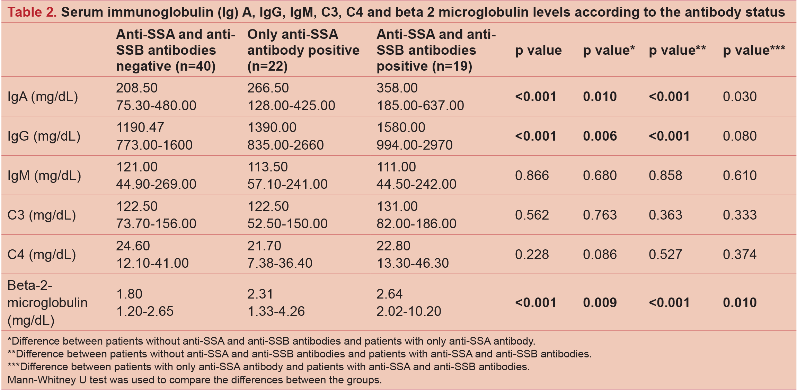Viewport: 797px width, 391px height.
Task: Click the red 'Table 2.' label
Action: (x=32, y=12)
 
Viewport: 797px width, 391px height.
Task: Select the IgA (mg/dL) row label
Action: (x=43, y=97)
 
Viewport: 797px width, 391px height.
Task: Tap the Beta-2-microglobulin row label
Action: (x=47, y=303)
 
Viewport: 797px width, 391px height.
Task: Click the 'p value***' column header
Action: (x=754, y=50)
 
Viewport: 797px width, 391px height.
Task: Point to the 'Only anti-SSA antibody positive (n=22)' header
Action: (x=303, y=50)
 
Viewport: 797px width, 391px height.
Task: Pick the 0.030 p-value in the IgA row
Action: (x=740, y=97)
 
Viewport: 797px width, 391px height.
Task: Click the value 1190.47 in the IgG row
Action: (x=140, y=127)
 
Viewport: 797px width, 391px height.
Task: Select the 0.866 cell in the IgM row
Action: (x=532, y=176)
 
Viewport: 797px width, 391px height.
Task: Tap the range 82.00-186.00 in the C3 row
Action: (x=416, y=224)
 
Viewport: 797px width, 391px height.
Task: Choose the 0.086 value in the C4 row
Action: (x=600, y=255)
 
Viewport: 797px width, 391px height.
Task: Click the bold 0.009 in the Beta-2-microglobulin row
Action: (x=600, y=303)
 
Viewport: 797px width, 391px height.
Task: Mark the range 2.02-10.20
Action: (x=409, y=311)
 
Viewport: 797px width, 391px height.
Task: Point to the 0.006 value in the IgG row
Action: (x=600, y=136)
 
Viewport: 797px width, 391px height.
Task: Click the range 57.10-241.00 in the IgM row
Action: (x=287, y=184)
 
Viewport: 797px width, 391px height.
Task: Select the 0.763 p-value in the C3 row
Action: (x=600, y=215)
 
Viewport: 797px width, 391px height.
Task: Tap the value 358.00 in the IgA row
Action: (x=397, y=88)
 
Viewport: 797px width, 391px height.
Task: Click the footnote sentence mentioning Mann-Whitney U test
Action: (x=194, y=380)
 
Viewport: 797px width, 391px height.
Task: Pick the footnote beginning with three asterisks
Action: (x=268, y=367)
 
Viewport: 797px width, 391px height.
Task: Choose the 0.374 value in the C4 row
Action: (x=740, y=255)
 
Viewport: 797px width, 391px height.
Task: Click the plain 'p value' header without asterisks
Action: (x=538, y=50)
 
